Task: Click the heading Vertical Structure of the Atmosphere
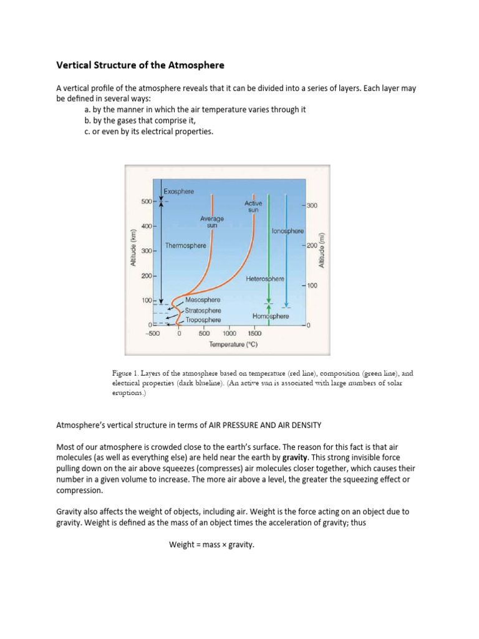140,65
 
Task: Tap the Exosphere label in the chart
178,191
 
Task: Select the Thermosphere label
186,246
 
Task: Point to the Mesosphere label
203,300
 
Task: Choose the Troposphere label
203,319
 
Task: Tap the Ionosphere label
288,231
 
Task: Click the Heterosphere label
265,278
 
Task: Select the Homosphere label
271,316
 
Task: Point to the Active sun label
253,207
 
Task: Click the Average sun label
212,222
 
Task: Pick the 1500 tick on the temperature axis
254,334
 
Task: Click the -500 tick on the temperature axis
152,334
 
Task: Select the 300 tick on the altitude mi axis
312,205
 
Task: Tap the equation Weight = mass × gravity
212,545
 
